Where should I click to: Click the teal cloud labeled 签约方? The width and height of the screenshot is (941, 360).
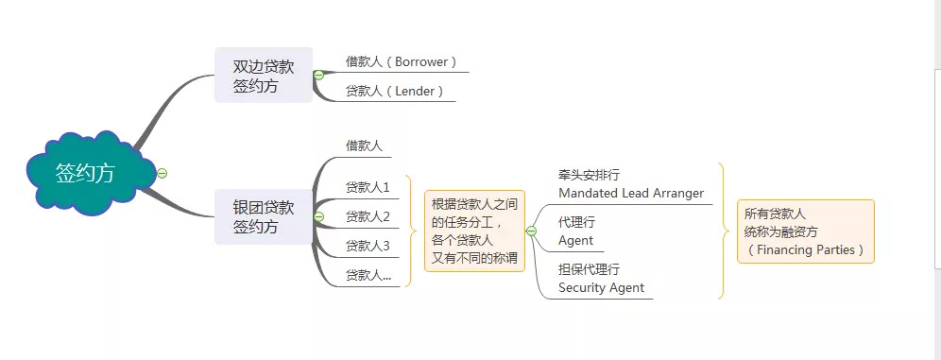coord(85,174)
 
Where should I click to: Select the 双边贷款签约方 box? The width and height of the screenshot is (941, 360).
coord(264,76)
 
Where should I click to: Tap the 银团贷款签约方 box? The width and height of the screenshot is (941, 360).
coord(264,216)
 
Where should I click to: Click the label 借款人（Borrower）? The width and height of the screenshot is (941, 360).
coord(402,62)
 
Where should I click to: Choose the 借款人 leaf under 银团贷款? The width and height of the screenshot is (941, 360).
coord(364,146)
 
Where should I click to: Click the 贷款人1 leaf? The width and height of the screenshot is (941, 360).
coord(368,187)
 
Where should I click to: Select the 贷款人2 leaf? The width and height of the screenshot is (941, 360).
coord(368,216)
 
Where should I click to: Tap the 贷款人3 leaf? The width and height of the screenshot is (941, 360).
coord(368,246)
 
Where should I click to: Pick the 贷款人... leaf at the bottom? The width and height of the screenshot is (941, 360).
coord(368,275)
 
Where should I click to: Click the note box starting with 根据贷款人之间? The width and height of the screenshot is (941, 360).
coord(474,231)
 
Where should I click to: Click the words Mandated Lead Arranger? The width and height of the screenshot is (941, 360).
coord(631,193)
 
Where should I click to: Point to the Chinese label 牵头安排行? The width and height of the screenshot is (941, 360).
coord(589,175)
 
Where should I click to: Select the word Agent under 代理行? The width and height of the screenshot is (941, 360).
coord(575,241)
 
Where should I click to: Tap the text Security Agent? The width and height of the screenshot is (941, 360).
coord(601,287)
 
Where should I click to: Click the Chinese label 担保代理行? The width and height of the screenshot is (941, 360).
coord(589,269)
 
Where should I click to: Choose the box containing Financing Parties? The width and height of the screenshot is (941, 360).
coord(805,231)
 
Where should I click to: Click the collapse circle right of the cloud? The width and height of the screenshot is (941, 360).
coord(163,173)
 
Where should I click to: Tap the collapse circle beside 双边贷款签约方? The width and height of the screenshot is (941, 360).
coord(318,75)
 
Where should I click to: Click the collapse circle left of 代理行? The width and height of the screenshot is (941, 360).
coord(531,231)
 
